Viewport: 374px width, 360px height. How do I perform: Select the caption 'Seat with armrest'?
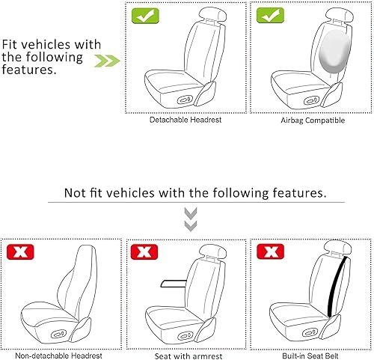pyautogui.click(x=186, y=356)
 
